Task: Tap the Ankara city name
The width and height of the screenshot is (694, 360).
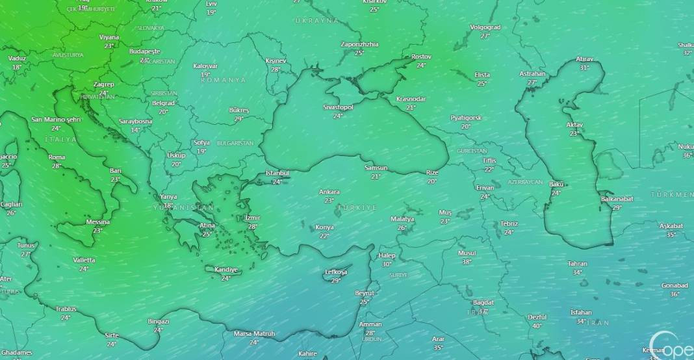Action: coord(329,192)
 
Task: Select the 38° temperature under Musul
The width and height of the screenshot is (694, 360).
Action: coord(467,262)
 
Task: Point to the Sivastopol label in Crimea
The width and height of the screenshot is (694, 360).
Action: coord(338,107)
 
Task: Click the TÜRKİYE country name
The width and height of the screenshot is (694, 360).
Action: coord(362,207)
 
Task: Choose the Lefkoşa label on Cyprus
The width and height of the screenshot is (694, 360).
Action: coord(336,272)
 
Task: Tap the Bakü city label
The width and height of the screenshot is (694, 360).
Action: coord(556,185)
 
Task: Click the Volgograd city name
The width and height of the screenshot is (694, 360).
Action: coord(485,27)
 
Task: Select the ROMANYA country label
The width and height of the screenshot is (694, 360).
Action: coord(224,80)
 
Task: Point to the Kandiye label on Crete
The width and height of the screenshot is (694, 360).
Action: coord(225,270)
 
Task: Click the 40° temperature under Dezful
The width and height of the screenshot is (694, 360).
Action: coord(537,326)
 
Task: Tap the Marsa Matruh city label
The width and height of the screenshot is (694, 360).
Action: coord(254,334)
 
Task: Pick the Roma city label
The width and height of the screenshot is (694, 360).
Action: coord(57,157)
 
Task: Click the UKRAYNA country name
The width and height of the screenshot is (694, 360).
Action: coord(316,21)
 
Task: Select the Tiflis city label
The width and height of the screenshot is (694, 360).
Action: coord(489,161)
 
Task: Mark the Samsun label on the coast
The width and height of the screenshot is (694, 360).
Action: coord(376,168)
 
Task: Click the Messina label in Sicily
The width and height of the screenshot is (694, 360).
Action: coord(97,222)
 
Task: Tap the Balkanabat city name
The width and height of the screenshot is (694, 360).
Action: coord(617,199)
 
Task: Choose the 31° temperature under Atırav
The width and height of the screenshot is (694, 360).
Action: coord(584,68)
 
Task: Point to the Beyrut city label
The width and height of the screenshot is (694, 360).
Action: coord(365,294)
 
